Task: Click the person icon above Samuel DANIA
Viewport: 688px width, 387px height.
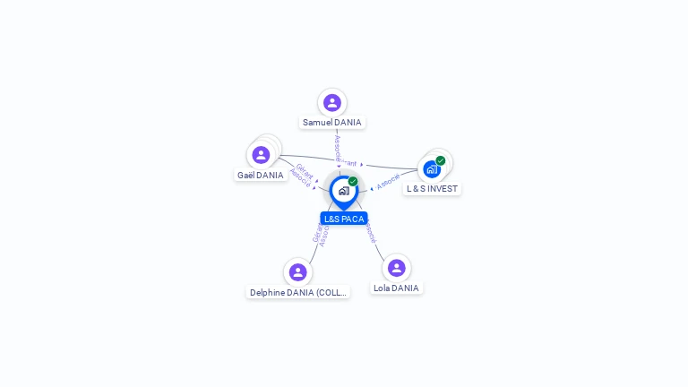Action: click(332, 103)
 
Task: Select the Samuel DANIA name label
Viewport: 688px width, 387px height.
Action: click(332, 123)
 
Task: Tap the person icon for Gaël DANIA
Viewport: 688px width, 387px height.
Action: click(261, 155)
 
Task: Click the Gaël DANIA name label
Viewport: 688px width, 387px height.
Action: click(261, 176)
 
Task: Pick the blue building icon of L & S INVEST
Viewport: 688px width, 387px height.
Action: click(431, 169)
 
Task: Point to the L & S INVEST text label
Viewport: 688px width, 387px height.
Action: click(432, 189)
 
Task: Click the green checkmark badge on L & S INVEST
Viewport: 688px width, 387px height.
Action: click(441, 161)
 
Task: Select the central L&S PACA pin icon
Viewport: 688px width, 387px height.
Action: click(343, 191)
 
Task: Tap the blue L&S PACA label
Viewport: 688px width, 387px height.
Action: click(344, 219)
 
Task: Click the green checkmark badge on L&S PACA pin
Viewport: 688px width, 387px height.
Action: click(353, 182)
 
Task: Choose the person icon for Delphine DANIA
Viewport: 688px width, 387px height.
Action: click(297, 272)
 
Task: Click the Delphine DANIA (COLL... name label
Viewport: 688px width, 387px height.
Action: click(298, 293)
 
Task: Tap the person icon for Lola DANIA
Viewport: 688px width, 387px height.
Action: click(396, 268)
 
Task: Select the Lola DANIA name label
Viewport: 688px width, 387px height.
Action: click(396, 288)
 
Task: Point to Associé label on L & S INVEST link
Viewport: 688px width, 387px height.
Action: click(388, 182)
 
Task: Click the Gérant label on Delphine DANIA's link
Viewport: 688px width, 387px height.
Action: click(316, 232)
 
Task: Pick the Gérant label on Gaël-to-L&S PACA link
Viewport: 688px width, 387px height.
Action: click(305, 169)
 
